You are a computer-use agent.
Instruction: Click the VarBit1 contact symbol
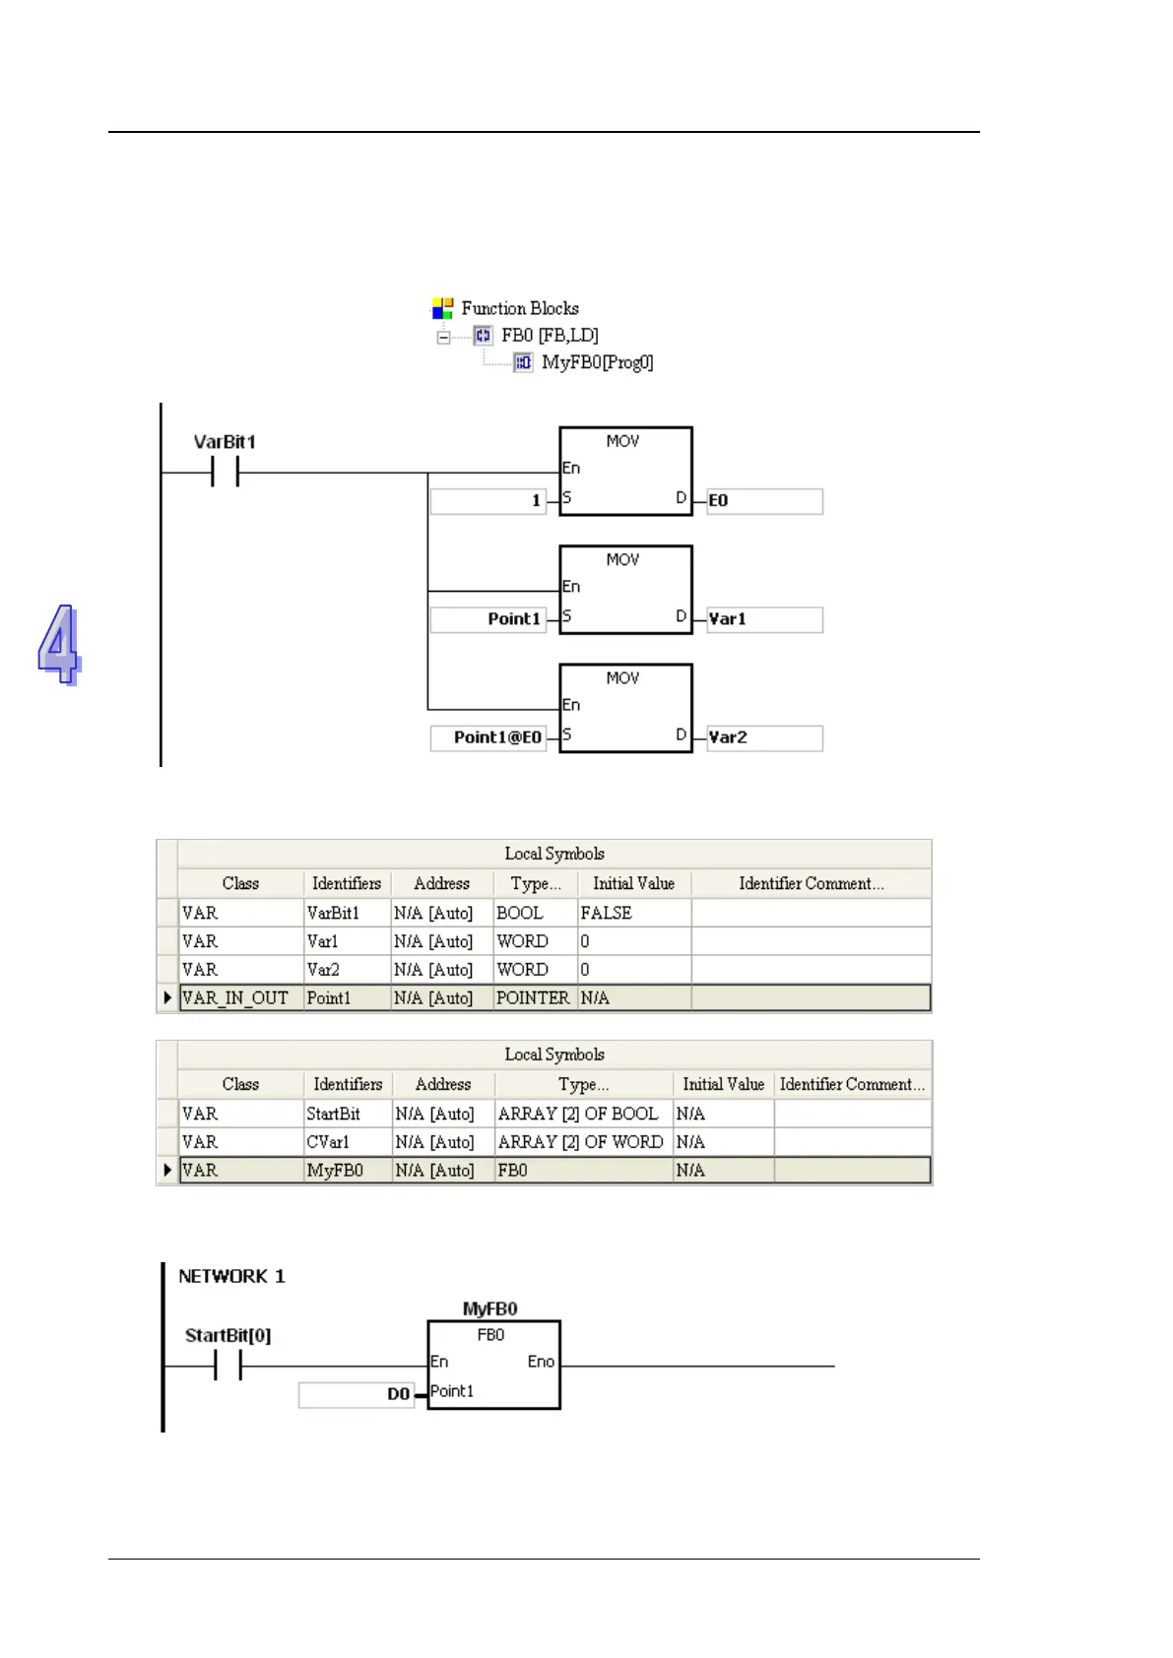pos(226,473)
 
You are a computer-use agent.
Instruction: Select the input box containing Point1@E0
pos(489,737)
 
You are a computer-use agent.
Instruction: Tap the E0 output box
pos(764,501)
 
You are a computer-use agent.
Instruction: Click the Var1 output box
pos(764,619)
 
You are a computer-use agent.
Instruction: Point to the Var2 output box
pos(764,737)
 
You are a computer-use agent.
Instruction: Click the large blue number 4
pos(59,644)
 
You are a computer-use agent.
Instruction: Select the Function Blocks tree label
pos(519,308)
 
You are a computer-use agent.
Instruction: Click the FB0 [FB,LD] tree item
pos(549,335)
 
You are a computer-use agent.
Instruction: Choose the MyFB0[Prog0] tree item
pos(597,362)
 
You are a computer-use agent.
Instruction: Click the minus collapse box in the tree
pos(444,337)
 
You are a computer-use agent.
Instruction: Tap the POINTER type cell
pos(533,997)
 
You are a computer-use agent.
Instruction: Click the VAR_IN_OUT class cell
pos(235,997)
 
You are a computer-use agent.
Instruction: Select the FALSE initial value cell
pos(607,913)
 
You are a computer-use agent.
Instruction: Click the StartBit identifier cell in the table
pos(333,1114)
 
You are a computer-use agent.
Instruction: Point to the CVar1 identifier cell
pos(328,1142)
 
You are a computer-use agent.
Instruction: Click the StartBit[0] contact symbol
pos(228,1366)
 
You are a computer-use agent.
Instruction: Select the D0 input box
pos(357,1394)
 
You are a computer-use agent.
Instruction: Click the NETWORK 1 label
pos(231,1276)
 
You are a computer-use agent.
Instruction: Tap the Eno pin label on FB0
pos(541,1362)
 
